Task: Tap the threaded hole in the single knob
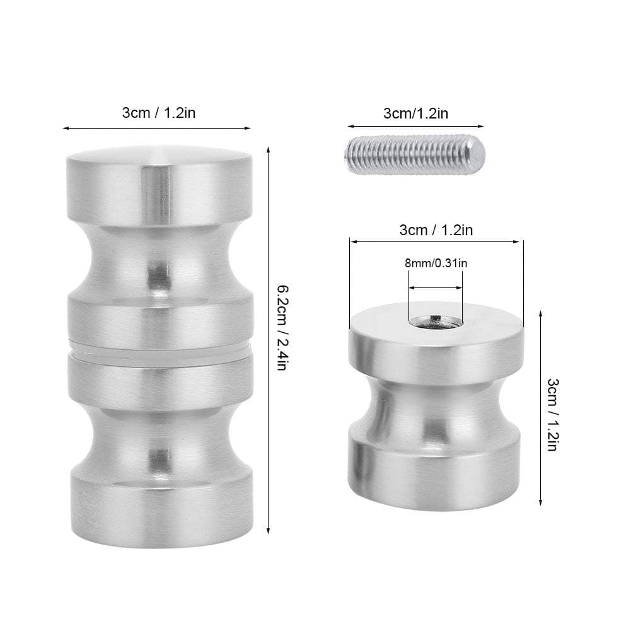(x=436, y=322)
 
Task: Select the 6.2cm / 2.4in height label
(x=283, y=328)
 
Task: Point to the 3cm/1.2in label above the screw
(x=416, y=113)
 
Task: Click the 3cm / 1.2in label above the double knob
(x=158, y=113)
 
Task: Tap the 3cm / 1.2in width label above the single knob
(x=436, y=229)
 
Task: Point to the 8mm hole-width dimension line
(x=436, y=288)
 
